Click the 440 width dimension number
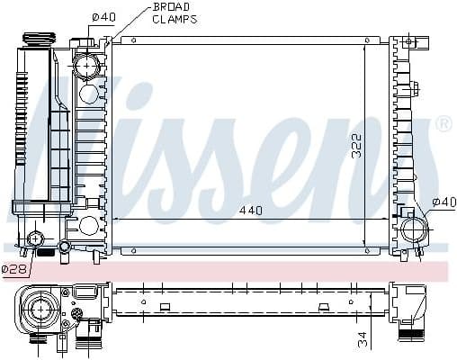coord(251,210)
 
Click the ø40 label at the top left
coord(104,16)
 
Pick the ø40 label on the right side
coord(444,201)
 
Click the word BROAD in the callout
coord(169,6)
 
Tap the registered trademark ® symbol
coord(443,124)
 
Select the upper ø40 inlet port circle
coord(87,66)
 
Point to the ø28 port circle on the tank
coord(37,238)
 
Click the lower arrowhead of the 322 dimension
coord(364,242)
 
